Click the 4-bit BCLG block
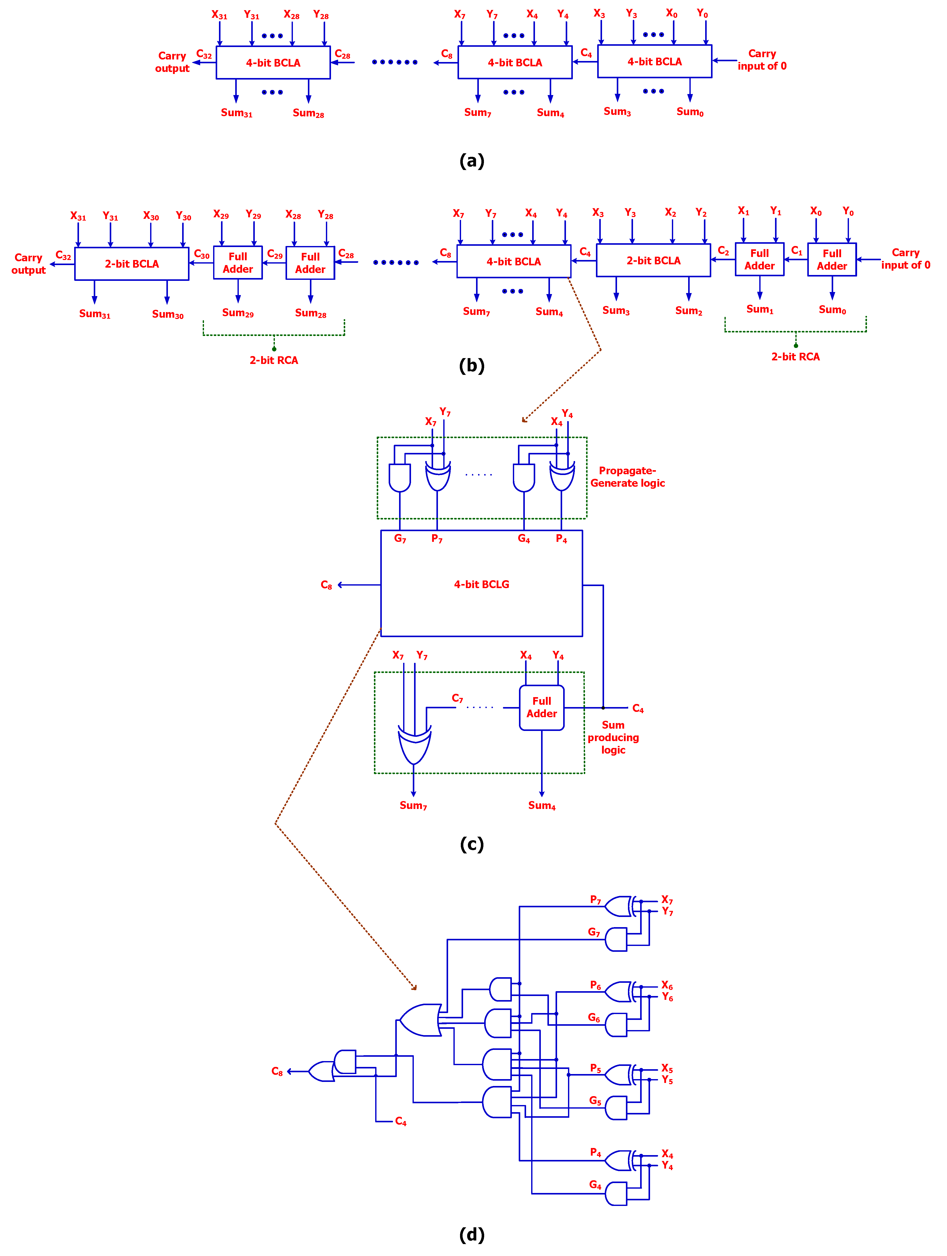(x=481, y=584)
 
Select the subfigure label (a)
(x=471, y=161)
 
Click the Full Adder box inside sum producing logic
(x=541, y=708)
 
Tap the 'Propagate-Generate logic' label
(x=627, y=477)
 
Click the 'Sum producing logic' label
(x=613, y=737)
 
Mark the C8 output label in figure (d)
(x=277, y=1071)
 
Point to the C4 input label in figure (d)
(x=401, y=1121)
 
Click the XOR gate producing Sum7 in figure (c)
(x=414, y=744)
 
